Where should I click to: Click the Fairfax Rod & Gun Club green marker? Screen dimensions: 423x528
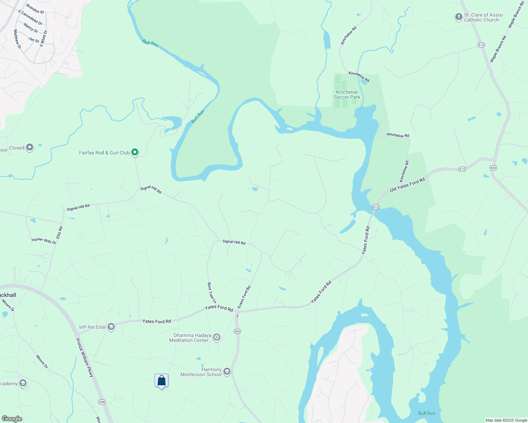click(x=134, y=152)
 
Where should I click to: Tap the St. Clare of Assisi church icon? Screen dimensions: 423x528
click(x=458, y=17)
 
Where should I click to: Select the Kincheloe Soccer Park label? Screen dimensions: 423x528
click(x=347, y=94)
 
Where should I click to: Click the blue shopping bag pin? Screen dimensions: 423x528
click(x=161, y=381)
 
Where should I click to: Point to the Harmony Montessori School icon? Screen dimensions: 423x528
click(x=227, y=372)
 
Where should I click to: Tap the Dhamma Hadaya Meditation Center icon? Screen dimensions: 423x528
click(x=217, y=337)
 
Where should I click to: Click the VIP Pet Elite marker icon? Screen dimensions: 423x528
click(x=111, y=327)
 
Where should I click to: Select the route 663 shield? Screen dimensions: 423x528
click(x=237, y=331)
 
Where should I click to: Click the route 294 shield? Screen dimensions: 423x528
click(x=102, y=402)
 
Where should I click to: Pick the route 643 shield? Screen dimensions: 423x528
click(x=493, y=167)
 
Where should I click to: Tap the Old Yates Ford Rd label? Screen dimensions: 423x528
click(x=407, y=185)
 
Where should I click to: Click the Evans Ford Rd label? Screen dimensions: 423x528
click(x=244, y=297)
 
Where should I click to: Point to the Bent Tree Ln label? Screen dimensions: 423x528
click(x=211, y=293)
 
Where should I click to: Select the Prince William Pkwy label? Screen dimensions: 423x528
click(x=84, y=357)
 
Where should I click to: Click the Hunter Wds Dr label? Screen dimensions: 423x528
click(x=44, y=241)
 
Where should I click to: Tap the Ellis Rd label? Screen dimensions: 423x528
click(x=60, y=232)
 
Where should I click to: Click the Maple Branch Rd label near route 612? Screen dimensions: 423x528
click(x=498, y=49)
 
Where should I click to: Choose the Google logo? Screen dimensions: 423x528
click(x=12, y=419)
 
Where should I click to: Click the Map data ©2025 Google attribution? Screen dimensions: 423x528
click(x=506, y=420)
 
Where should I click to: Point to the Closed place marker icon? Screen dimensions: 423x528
click(x=30, y=147)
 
